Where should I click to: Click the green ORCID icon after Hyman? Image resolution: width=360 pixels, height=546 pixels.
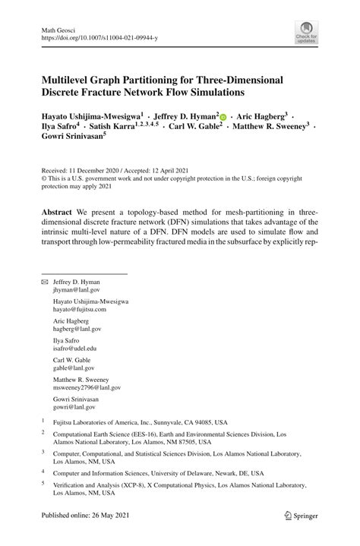point(223,117)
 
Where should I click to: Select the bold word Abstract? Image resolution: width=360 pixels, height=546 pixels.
point(59,210)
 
